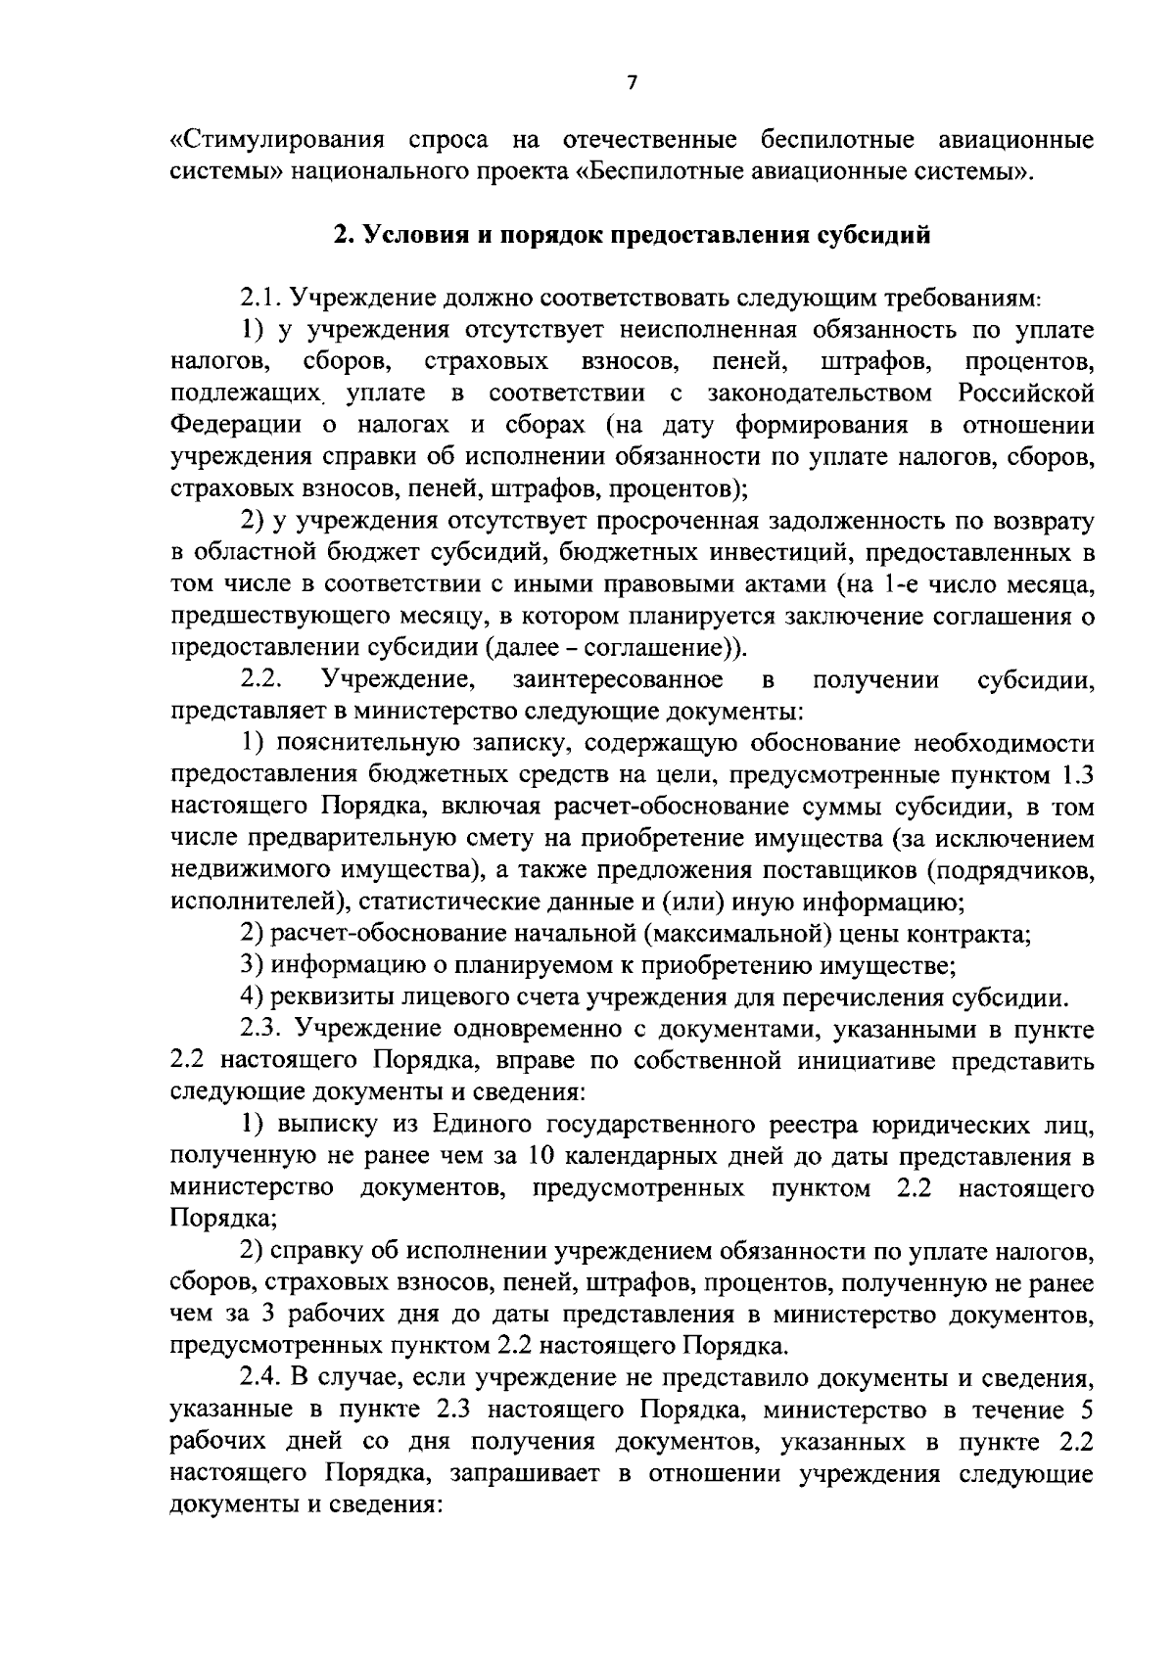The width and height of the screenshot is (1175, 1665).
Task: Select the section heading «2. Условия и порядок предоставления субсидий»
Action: (632, 235)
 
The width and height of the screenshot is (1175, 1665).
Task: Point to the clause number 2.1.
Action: (260, 297)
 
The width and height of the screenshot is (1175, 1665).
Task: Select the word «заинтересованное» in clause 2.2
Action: (617, 679)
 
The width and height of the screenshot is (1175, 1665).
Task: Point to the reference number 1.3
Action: (1076, 775)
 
